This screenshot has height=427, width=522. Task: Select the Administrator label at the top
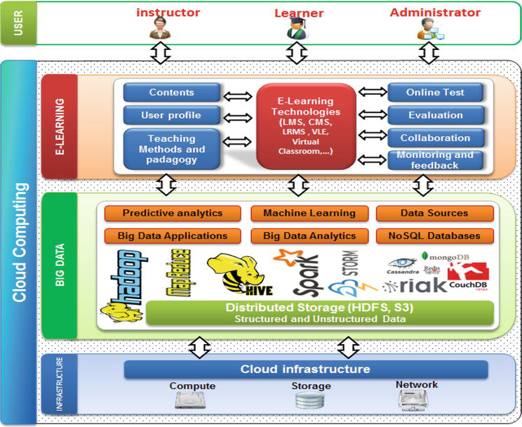(435, 13)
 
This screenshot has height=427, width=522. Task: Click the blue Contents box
(172, 93)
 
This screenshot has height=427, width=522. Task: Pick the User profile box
(172, 115)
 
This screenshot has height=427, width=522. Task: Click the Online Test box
(435, 93)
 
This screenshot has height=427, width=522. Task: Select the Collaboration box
(435, 138)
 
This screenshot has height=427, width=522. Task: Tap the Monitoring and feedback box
(435, 160)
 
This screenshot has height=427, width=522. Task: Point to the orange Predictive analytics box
(172, 213)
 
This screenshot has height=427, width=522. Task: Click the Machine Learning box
(309, 213)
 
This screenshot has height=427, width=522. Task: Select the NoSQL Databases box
(435, 235)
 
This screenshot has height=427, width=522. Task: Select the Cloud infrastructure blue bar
(305, 369)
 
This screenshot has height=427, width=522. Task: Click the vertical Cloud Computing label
(20, 242)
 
